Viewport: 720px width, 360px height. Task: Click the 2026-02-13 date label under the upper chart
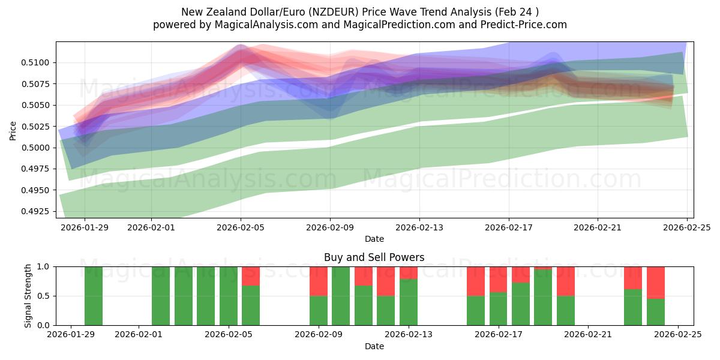pos(419,228)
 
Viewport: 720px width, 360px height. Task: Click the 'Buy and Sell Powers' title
pos(374,257)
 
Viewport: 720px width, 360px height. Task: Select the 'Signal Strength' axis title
pos(28,296)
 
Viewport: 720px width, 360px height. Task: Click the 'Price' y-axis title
pos(13,130)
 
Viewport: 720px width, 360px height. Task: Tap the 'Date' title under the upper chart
pos(374,239)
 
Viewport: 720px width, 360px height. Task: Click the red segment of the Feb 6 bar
pos(251,276)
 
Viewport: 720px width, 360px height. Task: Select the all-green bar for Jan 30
pos(94,296)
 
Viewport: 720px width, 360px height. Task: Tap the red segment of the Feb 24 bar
pos(655,283)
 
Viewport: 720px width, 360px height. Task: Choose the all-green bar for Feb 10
pos(341,296)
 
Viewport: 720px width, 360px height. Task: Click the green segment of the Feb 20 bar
pos(565,310)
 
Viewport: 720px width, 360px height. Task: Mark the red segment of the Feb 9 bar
pos(319,281)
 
